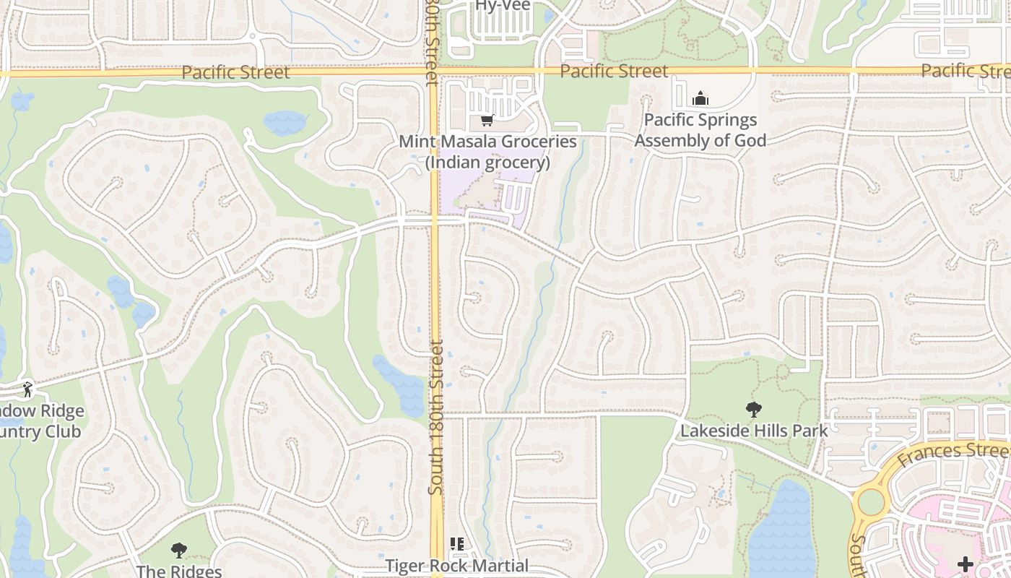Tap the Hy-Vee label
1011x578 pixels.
(503, 6)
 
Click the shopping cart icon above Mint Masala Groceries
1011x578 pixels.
(487, 121)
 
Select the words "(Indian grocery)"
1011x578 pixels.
(487, 163)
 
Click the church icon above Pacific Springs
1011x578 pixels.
(700, 98)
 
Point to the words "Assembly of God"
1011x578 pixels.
(700, 140)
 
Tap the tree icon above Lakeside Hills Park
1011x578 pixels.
(754, 410)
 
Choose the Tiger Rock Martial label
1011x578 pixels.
(457, 566)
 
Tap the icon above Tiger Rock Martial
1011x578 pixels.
(456, 543)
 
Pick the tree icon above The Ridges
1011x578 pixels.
(178, 551)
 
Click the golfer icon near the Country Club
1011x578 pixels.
(27, 389)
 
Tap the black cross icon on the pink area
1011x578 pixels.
(965, 564)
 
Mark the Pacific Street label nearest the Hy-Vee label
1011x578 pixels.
(614, 71)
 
